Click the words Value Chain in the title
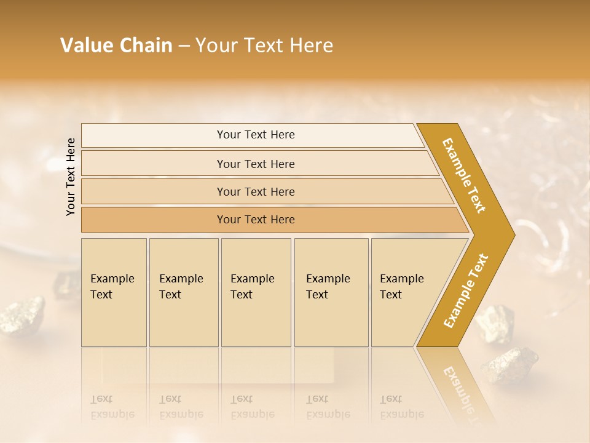(116, 46)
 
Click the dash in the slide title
(184, 46)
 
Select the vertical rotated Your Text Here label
(71, 177)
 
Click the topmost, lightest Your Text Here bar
(255, 135)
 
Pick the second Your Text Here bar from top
(255, 164)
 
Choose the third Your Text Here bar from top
(255, 191)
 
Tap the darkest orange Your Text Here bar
(255, 220)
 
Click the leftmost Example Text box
(114, 292)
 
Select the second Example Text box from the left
(183, 292)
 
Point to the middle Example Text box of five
(256, 292)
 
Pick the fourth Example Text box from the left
(331, 292)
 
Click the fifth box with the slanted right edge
(406, 292)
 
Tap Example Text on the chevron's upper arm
(464, 175)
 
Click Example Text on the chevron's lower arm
(466, 291)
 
